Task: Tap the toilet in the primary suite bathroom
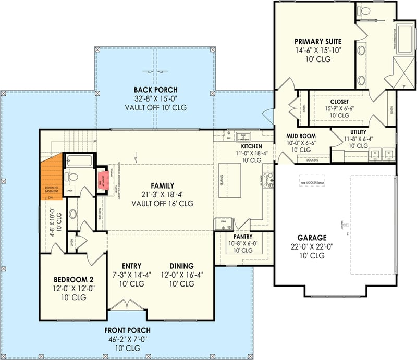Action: [363, 11]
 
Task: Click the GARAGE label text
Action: [313, 237]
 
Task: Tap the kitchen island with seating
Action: [228, 180]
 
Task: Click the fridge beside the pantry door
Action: [223, 222]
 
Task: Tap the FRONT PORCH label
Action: [127, 330]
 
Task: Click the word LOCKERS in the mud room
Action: [312, 160]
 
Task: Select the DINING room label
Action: [181, 266]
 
